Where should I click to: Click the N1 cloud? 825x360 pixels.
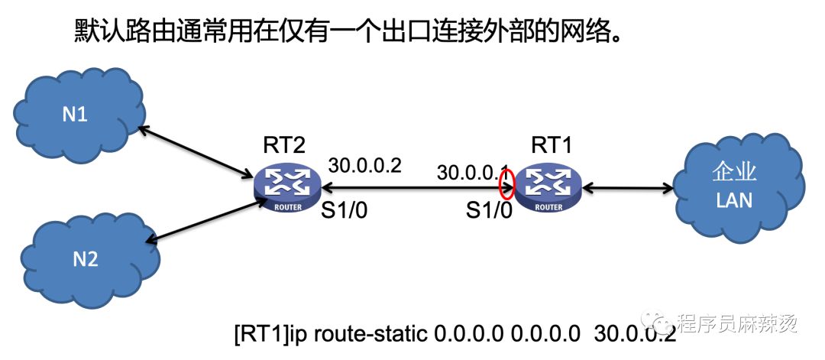click(x=79, y=115)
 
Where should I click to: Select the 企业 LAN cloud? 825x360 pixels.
click(x=740, y=189)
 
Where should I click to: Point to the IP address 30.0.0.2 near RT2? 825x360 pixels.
click(x=365, y=166)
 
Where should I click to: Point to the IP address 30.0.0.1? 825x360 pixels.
click(x=474, y=173)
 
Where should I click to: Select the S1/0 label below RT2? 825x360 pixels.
click(x=345, y=210)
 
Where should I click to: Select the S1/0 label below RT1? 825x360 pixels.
click(x=490, y=210)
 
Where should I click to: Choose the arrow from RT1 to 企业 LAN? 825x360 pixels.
click(x=627, y=186)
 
